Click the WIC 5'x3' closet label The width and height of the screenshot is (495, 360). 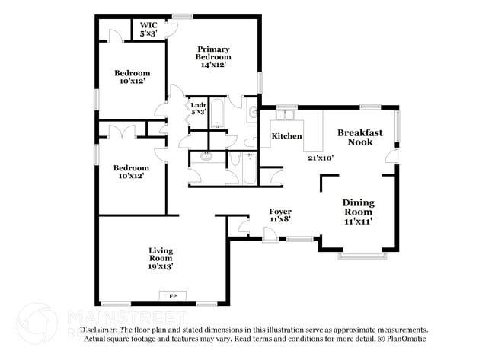(x=148, y=29)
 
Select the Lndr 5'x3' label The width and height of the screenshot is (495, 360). (x=198, y=109)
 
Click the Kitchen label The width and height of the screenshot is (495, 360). (x=286, y=136)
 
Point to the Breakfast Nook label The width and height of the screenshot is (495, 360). (x=359, y=137)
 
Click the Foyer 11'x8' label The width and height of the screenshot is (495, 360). (x=279, y=215)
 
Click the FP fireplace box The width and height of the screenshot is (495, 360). (x=172, y=295)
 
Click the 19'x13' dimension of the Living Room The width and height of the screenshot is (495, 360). (x=160, y=267)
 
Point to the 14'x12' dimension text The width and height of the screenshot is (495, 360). (x=213, y=65)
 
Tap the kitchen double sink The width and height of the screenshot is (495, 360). (x=286, y=115)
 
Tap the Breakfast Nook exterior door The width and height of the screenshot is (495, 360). (x=391, y=156)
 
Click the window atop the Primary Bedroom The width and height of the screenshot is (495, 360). (x=182, y=16)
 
